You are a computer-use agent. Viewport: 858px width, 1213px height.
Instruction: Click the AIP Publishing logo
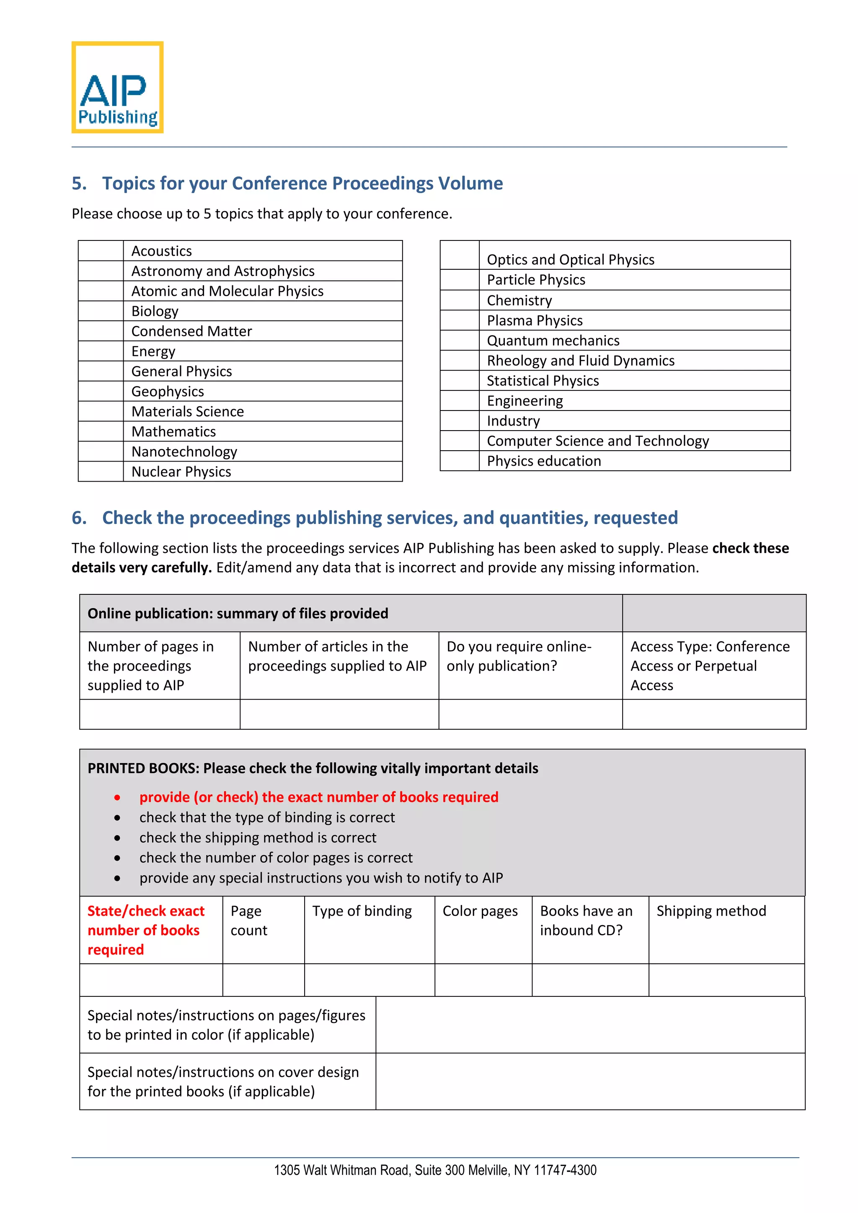tap(117, 87)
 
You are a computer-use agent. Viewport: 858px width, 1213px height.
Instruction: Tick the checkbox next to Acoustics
tap(101, 251)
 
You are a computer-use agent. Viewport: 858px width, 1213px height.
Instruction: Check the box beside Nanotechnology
tap(101, 452)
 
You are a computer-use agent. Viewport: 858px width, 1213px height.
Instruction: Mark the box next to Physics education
tap(459, 461)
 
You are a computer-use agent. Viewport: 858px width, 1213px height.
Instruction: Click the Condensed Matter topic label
tap(191, 331)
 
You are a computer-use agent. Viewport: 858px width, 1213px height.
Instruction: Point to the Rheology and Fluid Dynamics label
tap(580, 361)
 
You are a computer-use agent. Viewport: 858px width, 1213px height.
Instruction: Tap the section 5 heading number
tap(79, 183)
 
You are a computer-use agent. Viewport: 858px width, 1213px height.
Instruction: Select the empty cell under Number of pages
tap(160, 714)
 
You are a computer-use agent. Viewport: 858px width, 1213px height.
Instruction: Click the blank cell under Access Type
tap(714, 714)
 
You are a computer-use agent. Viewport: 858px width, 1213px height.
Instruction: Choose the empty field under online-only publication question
tap(530, 714)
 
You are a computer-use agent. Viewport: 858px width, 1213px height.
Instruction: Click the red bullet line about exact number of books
tap(318, 797)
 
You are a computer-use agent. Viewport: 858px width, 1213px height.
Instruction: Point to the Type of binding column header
tap(362, 911)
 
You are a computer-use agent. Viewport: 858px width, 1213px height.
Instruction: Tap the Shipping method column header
tap(711, 911)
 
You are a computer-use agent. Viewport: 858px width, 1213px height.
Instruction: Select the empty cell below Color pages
tap(483, 980)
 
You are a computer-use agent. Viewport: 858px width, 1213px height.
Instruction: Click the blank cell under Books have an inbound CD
tap(590, 980)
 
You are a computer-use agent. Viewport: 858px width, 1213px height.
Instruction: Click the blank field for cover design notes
tap(590, 1081)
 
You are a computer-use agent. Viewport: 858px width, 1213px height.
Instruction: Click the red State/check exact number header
tap(145, 930)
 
